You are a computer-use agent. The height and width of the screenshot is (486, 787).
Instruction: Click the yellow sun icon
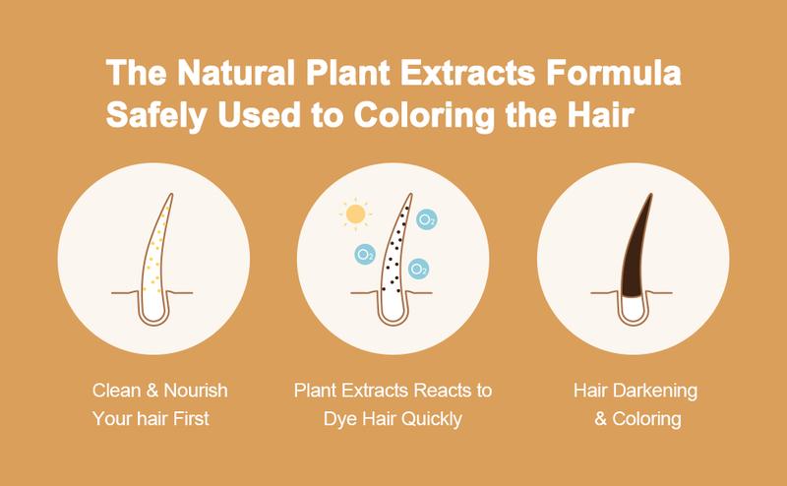355,213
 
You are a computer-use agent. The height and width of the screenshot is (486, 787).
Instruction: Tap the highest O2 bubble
427,219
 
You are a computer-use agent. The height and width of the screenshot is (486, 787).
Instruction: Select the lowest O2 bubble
418,269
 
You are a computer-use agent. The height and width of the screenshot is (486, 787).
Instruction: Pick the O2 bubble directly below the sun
365,255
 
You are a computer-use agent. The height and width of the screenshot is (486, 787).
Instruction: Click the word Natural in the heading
236,72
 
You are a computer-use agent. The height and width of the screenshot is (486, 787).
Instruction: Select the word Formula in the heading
613,72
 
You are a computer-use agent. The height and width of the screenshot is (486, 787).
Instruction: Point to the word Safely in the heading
156,115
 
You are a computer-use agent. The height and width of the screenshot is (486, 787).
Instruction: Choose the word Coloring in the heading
425,115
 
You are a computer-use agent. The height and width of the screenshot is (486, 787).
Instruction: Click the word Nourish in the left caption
196,391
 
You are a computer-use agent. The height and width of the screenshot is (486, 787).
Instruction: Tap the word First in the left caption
191,418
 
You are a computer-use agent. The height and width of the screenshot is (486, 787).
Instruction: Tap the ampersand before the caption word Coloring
601,418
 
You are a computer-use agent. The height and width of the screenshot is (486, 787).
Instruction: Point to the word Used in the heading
259,115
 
